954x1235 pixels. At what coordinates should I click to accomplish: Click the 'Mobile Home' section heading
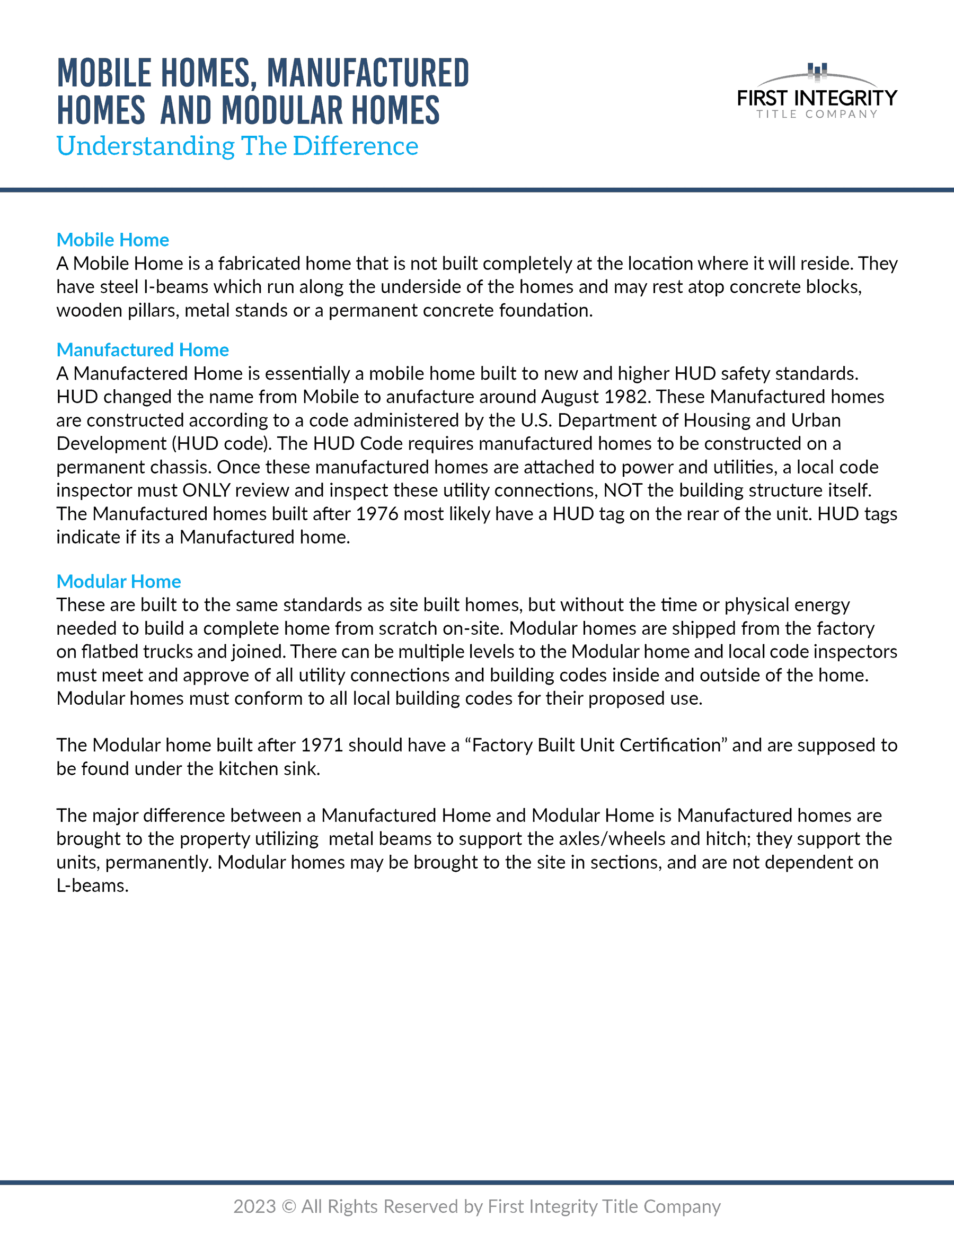112,240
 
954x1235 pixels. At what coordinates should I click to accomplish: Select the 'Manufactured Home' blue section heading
143,350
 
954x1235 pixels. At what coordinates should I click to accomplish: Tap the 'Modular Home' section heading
119,581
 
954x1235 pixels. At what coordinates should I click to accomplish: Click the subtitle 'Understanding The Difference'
237,146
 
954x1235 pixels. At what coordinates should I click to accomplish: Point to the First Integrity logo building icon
817,71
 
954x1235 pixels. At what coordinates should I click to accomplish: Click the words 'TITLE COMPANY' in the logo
817,114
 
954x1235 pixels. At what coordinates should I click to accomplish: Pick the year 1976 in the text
377,514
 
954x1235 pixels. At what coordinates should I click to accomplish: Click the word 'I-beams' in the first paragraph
176,287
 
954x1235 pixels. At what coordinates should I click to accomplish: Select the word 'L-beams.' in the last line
92,886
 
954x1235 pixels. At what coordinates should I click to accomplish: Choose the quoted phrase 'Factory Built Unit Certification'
596,746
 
